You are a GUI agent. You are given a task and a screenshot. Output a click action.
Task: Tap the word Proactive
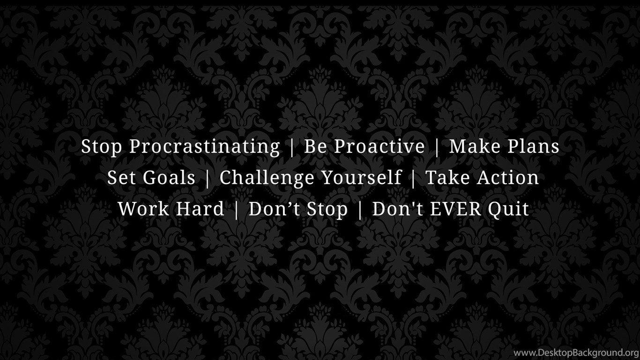[x=380, y=146]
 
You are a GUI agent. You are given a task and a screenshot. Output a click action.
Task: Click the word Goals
[x=169, y=177]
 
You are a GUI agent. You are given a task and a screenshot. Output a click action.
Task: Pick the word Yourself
[x=362, y=177]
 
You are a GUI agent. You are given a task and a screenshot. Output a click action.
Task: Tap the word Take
[x=448, y=177]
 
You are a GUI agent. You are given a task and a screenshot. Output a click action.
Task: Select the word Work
[x=143, y=209]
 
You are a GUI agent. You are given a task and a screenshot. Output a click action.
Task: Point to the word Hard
[x=200, y=209]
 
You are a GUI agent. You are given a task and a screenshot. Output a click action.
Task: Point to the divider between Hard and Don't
[x=236, y=210]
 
